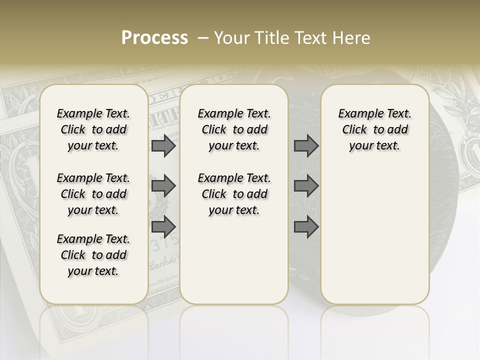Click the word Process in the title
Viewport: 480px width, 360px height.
pyautogui.click(x=154, y=38)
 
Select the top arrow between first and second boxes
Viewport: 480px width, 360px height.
pyautogui.click(x=163, y=145)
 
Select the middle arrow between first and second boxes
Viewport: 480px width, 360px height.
pyautogui.click(x=163, y=186)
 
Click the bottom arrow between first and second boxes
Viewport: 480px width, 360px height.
pyautogui.click(x=163, y=227)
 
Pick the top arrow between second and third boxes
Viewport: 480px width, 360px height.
pyautogui.click(x=306, y=145)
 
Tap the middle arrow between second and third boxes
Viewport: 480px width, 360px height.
pyautogui.click(x=306, y=186)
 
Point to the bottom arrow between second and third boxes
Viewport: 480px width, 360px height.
pyautogui.click(x=306, y=227)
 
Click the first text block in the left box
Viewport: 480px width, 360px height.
pyautogui.click(x=93, y=129)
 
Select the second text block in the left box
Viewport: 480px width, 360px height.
pyautogui.click(x=93, y=194)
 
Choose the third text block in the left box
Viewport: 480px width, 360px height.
pyautogui.click(x=93, y=255)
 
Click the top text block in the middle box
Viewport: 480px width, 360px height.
pyautogui.click(x=234, y=129)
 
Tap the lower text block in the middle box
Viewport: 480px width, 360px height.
pyautogui.click(x=234, y=194)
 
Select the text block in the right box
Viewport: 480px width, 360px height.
pyautogui.click(x=374, y=129)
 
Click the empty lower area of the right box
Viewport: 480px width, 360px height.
pyautogui.click(x=374, y=235)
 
